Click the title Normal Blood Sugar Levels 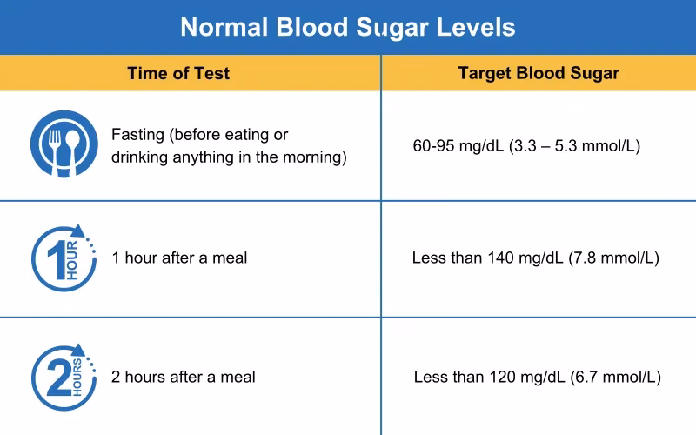pyautogui.click(x=347, y=27)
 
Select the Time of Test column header pyautogui.click(x=178, y=73)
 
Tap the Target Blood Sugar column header pyautogui.click(x=539, y=73)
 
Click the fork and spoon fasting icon pyautogui.click(x=60, y=145)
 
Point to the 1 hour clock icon pyautogui.click(x=60, y=258)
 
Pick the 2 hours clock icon pyautogui.click(x=60, y=376)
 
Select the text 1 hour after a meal pyautogui.click(x=179, y=258)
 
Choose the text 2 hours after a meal pyautogui.click(x=184, y=378)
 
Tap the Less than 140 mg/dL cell pyautogui.click(x=535, y=258)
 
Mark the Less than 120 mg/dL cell pyautogui.click(x=537, y=378)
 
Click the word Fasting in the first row pyautogui.click(x=138, y=136)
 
